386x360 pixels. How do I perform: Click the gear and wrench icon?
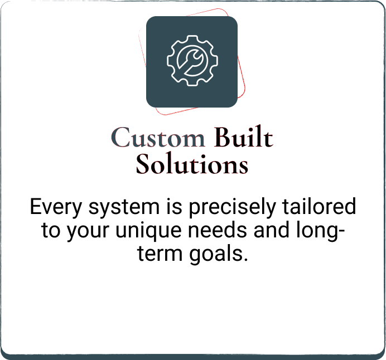pyautogui.click(x=192, y=61)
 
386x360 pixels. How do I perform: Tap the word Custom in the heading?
pyautogui.click(x=158, y=137)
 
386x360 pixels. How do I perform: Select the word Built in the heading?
pyautogui.click(x=243, y=137)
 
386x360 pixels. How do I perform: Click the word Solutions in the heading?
pyautogui.click(x=192, y=164)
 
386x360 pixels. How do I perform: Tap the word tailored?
pyautogui.click(x=319, y=206)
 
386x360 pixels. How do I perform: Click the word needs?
pyautogui.click(x=218, y=230)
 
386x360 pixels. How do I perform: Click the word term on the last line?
pyautogui.click(x=160, y=253)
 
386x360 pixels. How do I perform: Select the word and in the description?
pyautogui.click(x=271, y=230)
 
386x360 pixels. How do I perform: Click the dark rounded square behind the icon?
pyautogui.click(x=192, y=62)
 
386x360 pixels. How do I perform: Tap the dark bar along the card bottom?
pyautogui.click(x=193, y=357)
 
